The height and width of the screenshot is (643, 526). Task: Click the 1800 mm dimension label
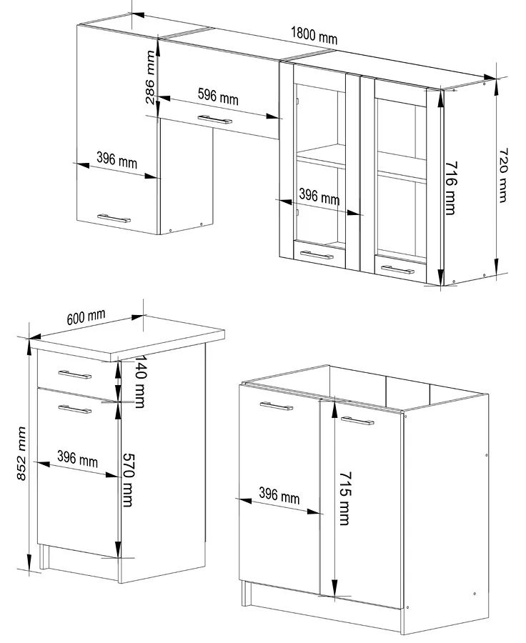[314, 35]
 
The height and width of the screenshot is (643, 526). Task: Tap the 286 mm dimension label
[151, 76]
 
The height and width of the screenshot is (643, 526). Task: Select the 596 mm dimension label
[218, 96]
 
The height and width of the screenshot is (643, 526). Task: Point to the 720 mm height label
[503, 175]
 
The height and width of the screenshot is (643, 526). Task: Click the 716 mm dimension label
[451, 188]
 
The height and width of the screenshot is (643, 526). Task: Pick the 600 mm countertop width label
[86, 317]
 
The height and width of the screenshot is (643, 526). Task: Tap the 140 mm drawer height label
[140, 382]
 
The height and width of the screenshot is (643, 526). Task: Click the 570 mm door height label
[128, 480]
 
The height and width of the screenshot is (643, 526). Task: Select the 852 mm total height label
[21, 453]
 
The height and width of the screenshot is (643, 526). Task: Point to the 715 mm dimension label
[344, 498]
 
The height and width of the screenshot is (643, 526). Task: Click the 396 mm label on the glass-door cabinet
[319, 196]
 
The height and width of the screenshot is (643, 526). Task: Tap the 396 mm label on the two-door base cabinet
[279, 496]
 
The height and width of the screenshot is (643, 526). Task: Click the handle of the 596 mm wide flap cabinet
[214, 120]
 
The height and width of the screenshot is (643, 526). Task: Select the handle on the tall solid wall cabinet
[114, 218]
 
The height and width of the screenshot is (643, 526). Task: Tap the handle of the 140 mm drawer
[74, 374]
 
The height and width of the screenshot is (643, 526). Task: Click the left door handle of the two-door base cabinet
[277, 407]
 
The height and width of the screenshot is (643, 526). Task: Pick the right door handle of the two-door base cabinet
[357, 421]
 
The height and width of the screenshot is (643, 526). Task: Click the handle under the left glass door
[317, 255]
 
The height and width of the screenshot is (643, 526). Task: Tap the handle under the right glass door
[397, 270]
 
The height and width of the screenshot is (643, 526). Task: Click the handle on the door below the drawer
[74, 409]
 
